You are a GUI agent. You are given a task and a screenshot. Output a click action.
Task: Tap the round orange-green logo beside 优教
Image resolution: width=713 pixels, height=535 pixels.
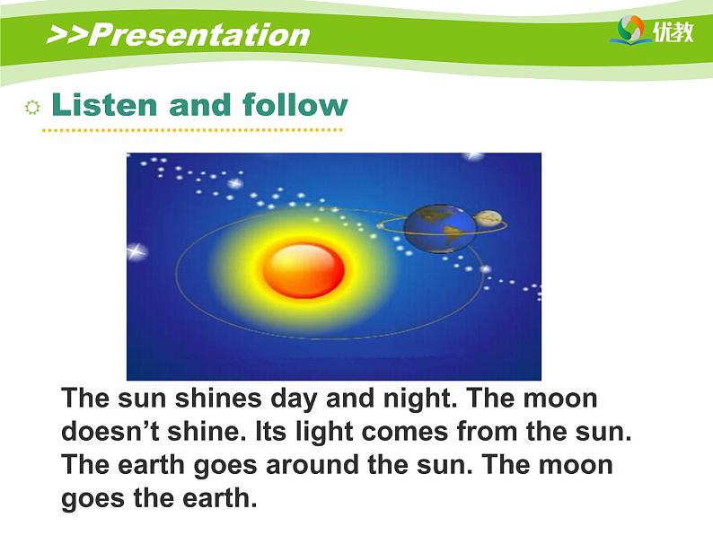[x=630, y=29]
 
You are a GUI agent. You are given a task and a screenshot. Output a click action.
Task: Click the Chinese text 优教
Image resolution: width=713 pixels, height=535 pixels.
[x=673, y=31]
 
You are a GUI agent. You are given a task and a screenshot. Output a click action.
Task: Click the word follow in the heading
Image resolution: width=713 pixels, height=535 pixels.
[x=295, y=104]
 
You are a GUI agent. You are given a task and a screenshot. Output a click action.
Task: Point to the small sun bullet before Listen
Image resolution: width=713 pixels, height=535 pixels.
[x=32, y=108]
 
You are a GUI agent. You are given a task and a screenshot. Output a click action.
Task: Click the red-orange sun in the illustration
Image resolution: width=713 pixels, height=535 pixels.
[x=304, y=270]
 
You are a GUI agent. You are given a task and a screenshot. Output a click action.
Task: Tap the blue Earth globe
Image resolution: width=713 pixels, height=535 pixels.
[x=439, y=228]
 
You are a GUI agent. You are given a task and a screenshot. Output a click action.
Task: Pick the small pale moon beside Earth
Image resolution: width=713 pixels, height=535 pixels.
[x=487, y=219]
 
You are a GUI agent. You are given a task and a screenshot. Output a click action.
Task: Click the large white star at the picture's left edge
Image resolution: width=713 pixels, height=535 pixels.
[x=136, y=251]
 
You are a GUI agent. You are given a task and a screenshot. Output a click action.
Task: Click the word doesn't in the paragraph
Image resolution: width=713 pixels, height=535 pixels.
[x=110, y=431]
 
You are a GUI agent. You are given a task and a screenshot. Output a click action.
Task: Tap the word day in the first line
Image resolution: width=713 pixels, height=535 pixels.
[x=294, y=399]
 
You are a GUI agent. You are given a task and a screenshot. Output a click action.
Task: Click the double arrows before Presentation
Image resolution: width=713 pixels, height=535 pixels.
[x=67, y=34]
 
